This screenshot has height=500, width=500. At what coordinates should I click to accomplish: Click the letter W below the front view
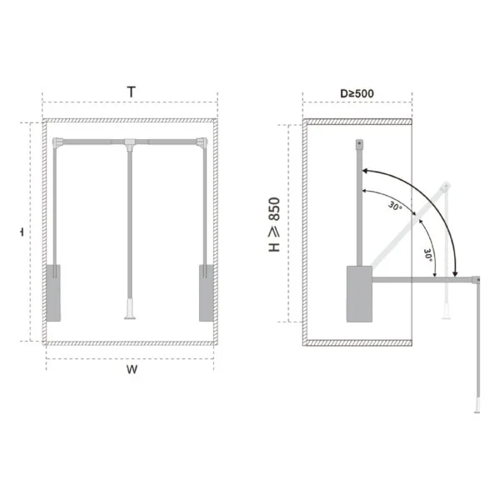tap(132, 369)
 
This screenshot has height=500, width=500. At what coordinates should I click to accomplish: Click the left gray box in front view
tap(53, 292)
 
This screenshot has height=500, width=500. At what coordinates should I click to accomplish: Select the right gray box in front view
tap(206, 292)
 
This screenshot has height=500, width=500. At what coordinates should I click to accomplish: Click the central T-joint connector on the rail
tap(131, 147)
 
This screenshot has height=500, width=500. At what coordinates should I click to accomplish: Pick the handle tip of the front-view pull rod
tap(129, 313)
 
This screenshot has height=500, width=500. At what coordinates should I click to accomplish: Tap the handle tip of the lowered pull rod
tap(476, 407)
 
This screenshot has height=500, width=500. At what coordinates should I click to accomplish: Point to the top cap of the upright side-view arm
tap(359, 145)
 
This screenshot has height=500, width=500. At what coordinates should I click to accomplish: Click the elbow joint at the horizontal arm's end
tap(478, 280)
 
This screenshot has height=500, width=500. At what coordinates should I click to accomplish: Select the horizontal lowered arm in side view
tap(421, 280)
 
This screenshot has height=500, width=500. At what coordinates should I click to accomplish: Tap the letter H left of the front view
tap(22, 233)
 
